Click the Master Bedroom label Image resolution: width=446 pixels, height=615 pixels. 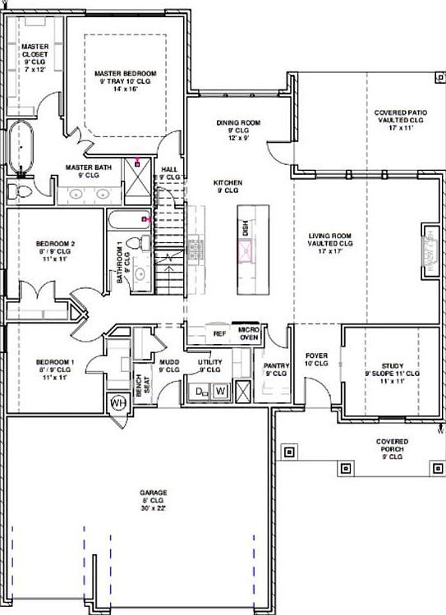[125, 72]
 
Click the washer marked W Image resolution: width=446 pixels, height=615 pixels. [219, 392]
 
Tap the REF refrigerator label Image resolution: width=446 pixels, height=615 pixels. [219, 334]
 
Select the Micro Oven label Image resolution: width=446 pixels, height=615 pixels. [249, 332]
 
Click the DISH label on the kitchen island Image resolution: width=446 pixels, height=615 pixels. [245, 228]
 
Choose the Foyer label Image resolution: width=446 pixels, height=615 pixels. [316, 359]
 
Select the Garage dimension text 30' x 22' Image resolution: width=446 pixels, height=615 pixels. [151, 508]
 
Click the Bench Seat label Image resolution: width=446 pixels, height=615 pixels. [142, 384]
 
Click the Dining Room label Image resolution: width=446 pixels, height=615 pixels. [238, 122]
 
